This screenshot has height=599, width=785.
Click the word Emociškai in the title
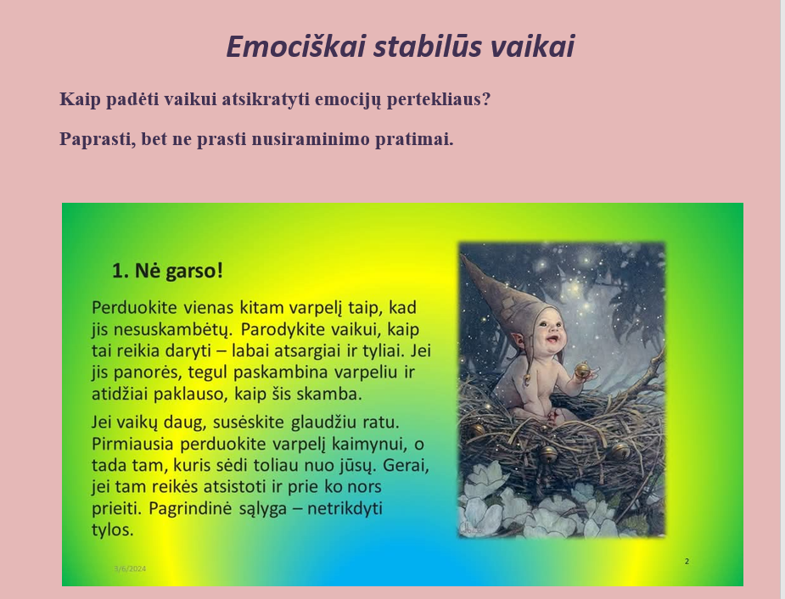295,47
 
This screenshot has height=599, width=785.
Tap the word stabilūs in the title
428,47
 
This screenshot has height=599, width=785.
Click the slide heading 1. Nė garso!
167,271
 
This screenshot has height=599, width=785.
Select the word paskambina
280,372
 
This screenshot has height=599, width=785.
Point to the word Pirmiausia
132,444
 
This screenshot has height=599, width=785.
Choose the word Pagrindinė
190,508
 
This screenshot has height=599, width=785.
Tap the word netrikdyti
345,508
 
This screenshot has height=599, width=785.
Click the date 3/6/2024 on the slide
130,568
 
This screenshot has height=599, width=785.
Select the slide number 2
687,562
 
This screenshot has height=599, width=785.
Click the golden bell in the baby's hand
582,371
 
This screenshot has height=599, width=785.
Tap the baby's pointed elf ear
519,339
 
